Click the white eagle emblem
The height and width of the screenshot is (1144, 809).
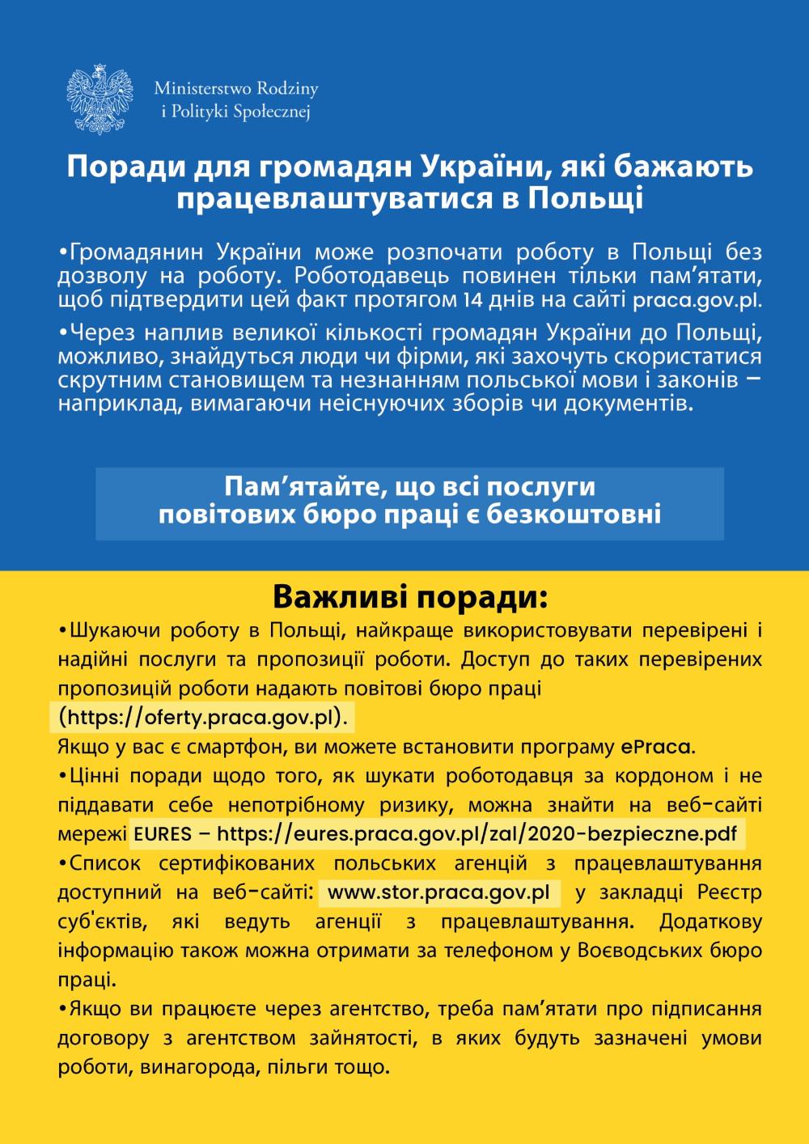(x=100, y=100)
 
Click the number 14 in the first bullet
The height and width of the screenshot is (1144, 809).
(x=472, y=300)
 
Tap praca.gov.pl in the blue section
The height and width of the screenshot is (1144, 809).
(x=697, y=300)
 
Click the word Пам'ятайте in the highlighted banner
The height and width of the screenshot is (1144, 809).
(x=302, y=487)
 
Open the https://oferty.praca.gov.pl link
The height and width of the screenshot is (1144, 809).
(x=206, y=718)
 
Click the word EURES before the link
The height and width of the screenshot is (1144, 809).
(x=163, y=834)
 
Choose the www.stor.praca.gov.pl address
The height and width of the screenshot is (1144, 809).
(x=438, y=892)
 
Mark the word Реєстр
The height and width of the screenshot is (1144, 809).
(x=729, y=892)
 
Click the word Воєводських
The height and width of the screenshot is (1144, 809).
(x=640, y=951)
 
